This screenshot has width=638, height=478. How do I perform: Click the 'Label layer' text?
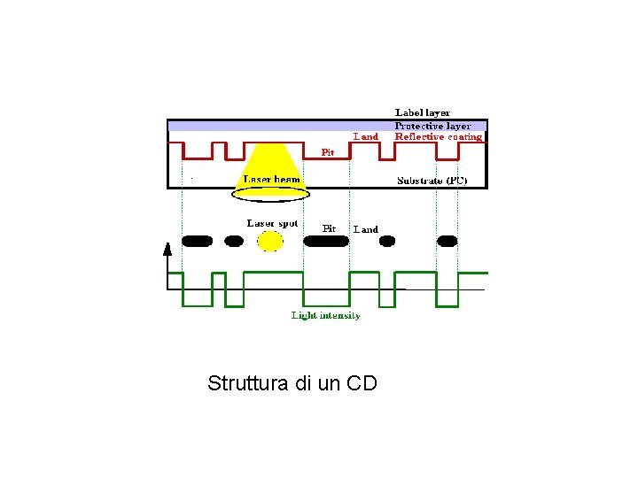[x=422, y=113]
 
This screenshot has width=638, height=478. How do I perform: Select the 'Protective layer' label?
[x=432, y=126]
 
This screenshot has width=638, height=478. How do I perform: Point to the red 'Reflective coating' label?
[x=439, y=137]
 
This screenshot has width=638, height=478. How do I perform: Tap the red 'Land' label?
[x=365, y=136]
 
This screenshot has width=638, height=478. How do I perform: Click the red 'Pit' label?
[x=328, y=152]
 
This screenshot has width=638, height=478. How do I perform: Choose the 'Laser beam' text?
[x=272, y=179]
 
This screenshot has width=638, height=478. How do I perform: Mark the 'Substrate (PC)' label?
[x=432, y=181]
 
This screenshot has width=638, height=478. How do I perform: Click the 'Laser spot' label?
[x=272, y=223]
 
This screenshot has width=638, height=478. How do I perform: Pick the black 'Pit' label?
[x=329, y=228]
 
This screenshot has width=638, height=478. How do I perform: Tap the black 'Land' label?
[x=365, y=229]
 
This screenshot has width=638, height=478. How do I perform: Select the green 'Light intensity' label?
[x=326, y=315]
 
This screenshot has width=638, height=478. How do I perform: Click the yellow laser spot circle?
[x=270, y=240]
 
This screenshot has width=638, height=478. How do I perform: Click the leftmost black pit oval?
[x=198, y=240]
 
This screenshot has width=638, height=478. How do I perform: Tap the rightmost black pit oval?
[x=447, y=240]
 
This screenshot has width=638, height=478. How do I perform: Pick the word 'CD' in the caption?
[x=362, y=383]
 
